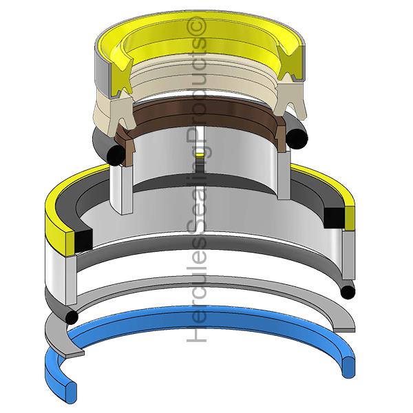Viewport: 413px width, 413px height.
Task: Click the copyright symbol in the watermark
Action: [x=196, y=27]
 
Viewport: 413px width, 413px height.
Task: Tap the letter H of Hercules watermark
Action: [x=196, y=334]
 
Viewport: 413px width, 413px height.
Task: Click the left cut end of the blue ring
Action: [x=71, y=390]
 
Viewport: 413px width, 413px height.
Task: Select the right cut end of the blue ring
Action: [x=348, y=367]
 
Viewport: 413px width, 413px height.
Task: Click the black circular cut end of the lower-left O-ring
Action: [x=72, y=317]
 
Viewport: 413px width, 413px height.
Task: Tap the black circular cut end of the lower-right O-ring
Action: [x=348, y=293]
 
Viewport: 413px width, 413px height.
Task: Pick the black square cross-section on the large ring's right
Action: [x=334, y=218]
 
